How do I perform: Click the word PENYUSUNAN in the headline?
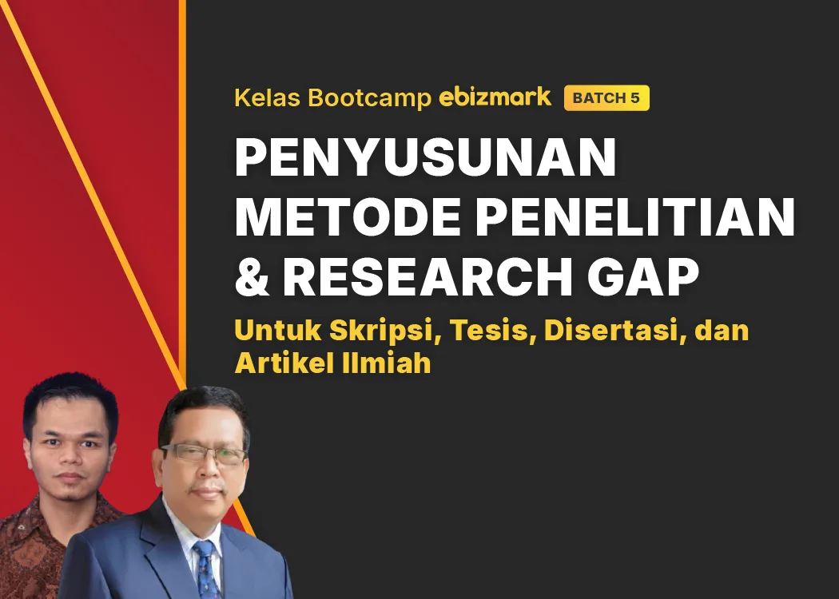(425, 158)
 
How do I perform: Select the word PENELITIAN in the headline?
(635, 216)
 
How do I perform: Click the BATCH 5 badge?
(606, 98)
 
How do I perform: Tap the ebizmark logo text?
(495, 97)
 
